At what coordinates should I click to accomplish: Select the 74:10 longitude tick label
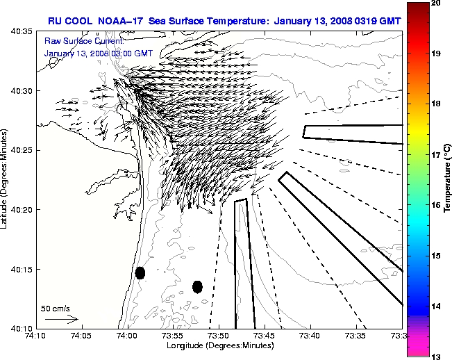(35, 335)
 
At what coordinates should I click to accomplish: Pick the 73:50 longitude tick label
(219, 335)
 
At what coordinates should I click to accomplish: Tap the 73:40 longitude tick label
(310, 335)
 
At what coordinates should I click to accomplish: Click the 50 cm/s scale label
(55, 308)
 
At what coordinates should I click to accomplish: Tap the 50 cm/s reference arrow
(61, 320)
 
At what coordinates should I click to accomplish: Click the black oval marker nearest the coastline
(140, 272)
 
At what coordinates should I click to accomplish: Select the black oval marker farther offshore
(197, 286)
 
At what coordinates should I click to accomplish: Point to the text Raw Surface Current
(78, 41)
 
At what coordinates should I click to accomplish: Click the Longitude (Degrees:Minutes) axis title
(218, 345)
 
